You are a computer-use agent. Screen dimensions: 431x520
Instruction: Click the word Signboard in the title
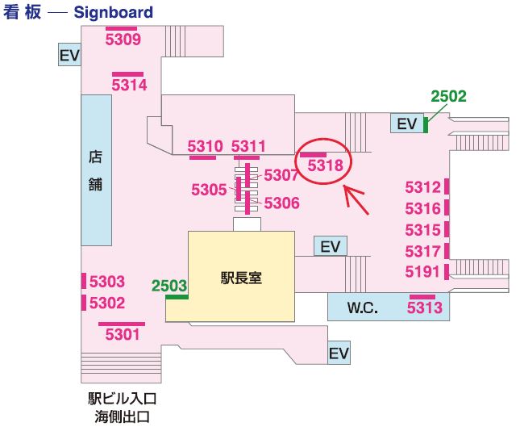point(113,13)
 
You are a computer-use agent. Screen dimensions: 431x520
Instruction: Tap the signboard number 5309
point(123,39)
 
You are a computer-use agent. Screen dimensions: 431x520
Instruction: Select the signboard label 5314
point(129,84)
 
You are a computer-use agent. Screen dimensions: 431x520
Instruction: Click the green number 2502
point(448,96)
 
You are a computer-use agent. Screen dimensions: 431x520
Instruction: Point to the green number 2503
point(169,285)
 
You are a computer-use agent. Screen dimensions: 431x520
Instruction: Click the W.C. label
point(362,308)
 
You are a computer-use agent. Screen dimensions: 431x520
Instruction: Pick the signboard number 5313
point(424,308)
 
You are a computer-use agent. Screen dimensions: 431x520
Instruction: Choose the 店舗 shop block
point(95,169)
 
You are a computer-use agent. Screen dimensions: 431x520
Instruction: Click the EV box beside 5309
point(69,55)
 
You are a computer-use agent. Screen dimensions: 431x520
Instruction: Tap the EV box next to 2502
point(407,123)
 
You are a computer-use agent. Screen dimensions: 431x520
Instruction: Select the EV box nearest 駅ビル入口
point(339,354)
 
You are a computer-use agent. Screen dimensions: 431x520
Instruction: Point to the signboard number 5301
point(122,333)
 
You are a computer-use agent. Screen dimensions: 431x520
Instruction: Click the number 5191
point(422,271)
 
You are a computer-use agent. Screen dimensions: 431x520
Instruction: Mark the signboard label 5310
point(204,146)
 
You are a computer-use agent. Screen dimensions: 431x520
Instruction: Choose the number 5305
point(209,190)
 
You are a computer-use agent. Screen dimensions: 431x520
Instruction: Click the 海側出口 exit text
point(121,416)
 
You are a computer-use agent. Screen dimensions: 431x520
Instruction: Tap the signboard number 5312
point(422,188)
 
